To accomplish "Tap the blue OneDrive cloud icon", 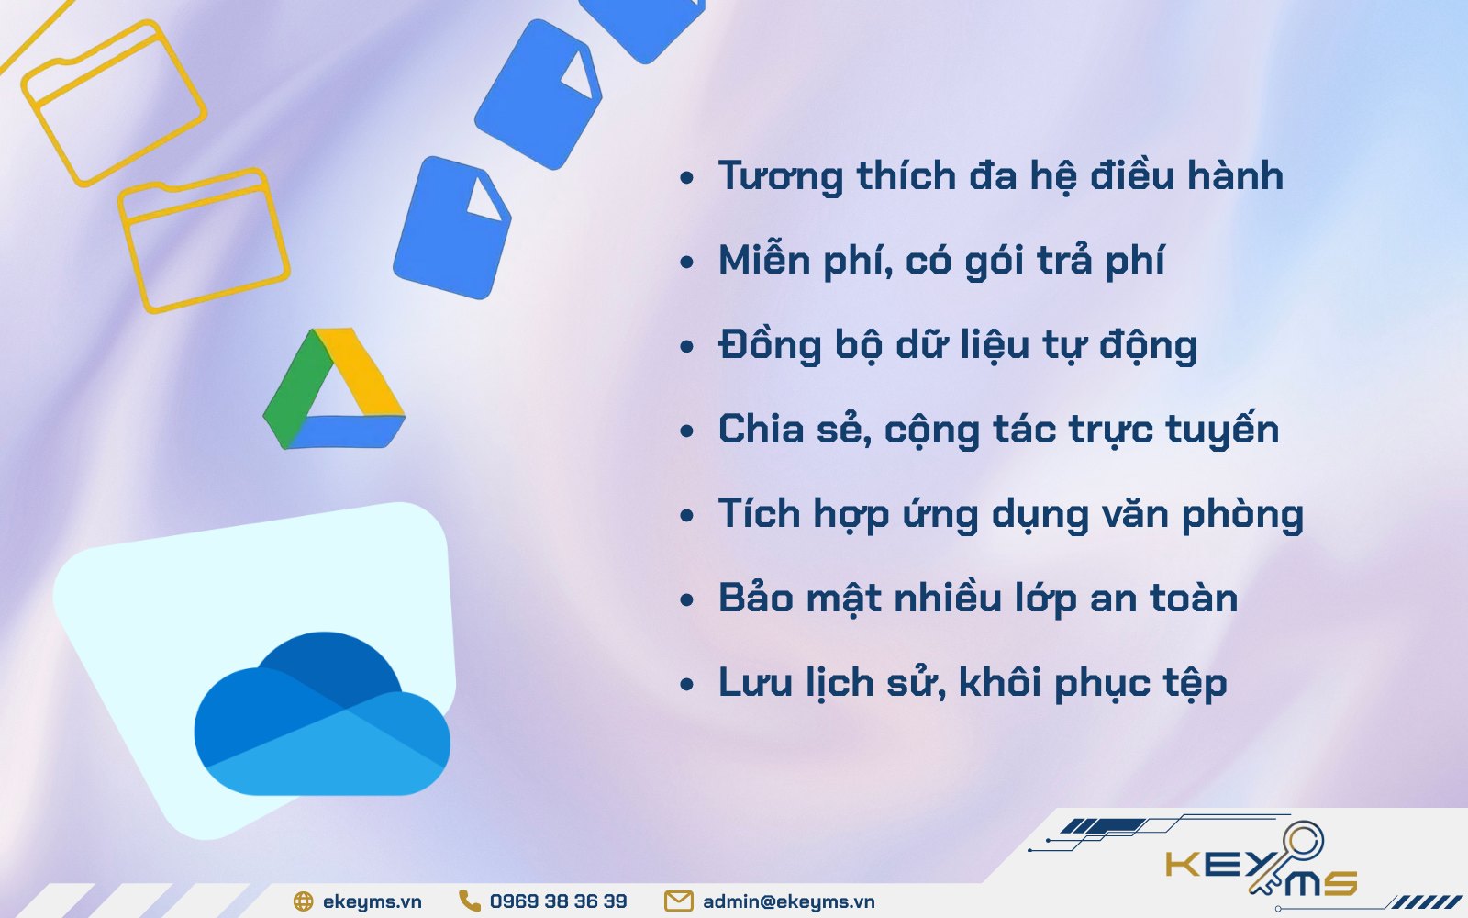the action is click(322, 713).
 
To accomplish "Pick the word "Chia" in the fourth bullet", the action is click(762, 429).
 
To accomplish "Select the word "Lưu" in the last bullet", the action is click(753, 682).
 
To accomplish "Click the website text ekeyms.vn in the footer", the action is click(372, 901).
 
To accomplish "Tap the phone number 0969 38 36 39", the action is click(559, 901).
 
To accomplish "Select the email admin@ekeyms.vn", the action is click(788, 901).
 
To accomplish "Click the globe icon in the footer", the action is click(303, 901).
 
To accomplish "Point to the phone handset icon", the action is click(469, 901).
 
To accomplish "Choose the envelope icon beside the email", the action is click(678, 901).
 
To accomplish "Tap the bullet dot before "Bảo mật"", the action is click(687, 599).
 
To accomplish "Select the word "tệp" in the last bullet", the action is click(1195, 684).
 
